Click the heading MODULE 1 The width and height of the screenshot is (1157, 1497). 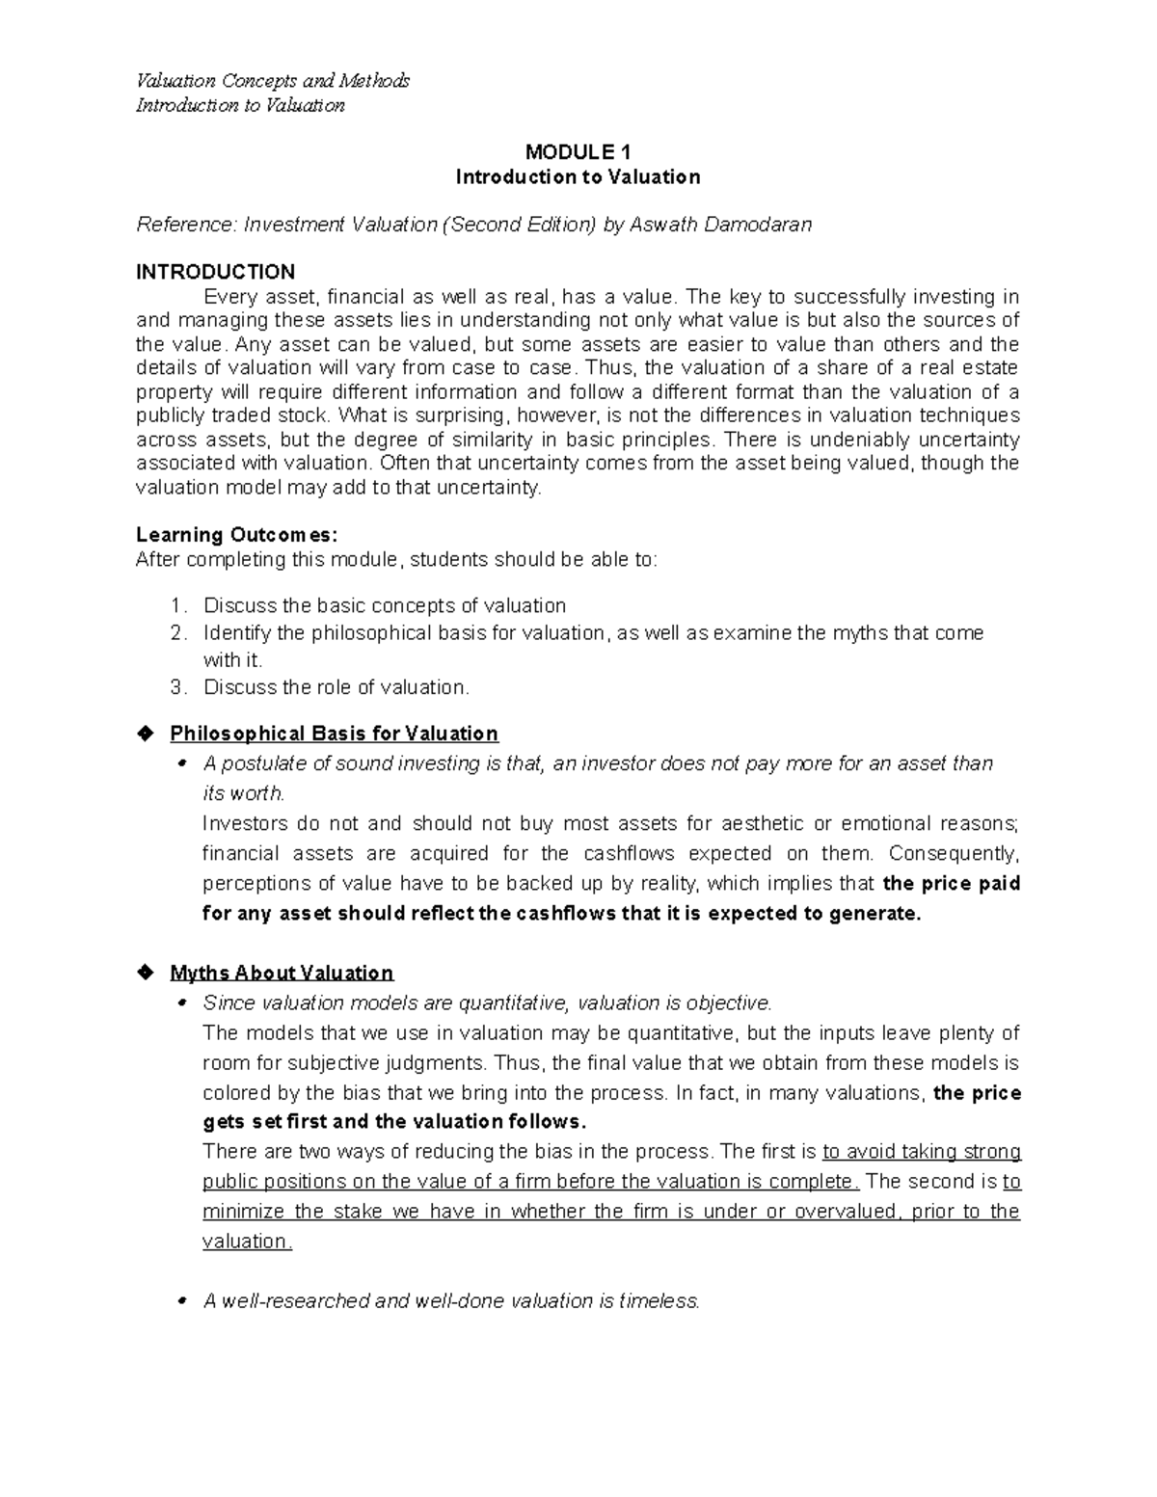[578, 152]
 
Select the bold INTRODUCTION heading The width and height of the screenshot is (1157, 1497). [215, 272]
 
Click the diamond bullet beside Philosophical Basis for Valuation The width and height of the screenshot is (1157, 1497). [146, 734]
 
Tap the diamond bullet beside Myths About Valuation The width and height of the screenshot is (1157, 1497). [146, 972]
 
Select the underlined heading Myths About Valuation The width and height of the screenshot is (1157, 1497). [282, 973]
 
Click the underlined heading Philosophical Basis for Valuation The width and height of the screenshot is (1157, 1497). [334, 735]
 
